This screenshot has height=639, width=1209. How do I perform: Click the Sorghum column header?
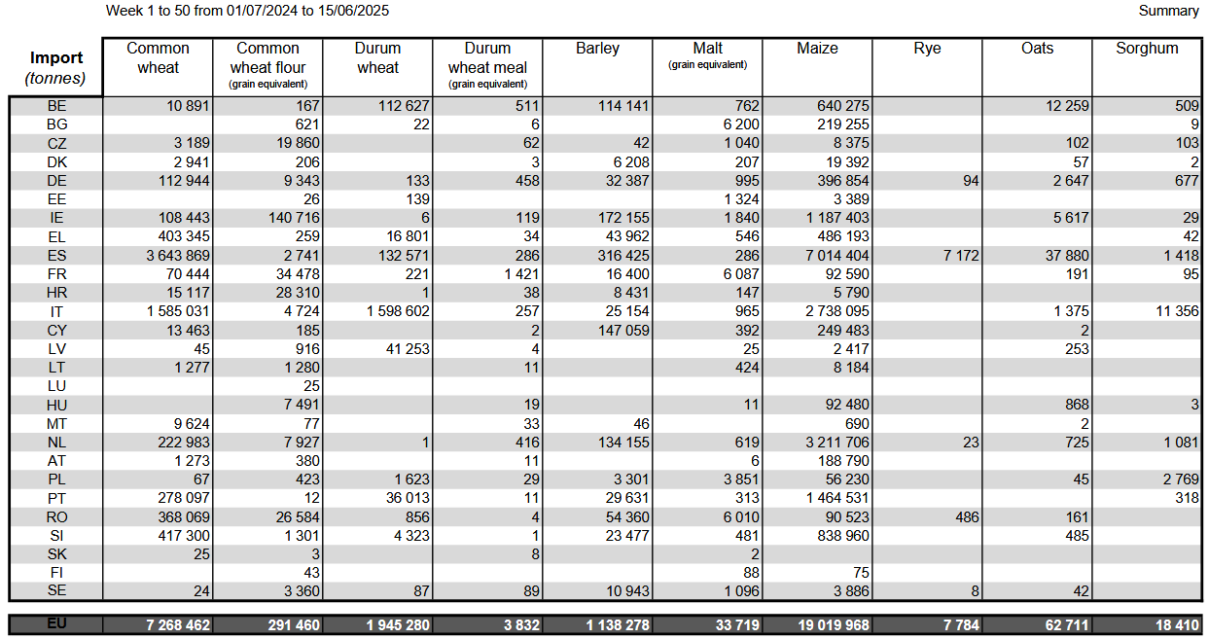pos(1147,48)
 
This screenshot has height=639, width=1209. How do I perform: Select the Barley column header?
pos(597,48)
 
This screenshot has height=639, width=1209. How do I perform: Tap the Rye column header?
pos(927,49)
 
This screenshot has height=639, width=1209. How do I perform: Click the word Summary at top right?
pos(1168,11)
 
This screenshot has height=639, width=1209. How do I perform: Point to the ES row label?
pos(56,255)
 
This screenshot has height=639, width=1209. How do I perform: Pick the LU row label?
pos(56,386)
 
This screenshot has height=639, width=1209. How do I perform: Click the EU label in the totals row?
pos(56,623)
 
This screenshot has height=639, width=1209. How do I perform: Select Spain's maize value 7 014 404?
pos(837,255)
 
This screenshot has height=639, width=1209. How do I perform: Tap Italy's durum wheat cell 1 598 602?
pos(398,311)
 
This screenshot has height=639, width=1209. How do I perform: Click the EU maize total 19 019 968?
pos(834,625)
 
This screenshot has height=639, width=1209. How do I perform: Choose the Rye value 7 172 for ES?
pos(961,255)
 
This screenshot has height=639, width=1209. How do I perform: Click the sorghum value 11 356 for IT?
pos(1177,311)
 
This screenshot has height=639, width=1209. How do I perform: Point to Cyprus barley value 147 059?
pos(623,331)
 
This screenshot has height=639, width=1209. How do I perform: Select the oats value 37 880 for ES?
pos(1067,255)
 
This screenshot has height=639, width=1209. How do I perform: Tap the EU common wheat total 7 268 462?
pos(178,625)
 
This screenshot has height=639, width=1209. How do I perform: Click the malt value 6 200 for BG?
pos(741,124)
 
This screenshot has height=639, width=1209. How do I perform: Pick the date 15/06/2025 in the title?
pos(353,11)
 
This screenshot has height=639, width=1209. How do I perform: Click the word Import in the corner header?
pos(56,57)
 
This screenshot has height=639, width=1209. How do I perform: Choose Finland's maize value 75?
pos(861,572)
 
